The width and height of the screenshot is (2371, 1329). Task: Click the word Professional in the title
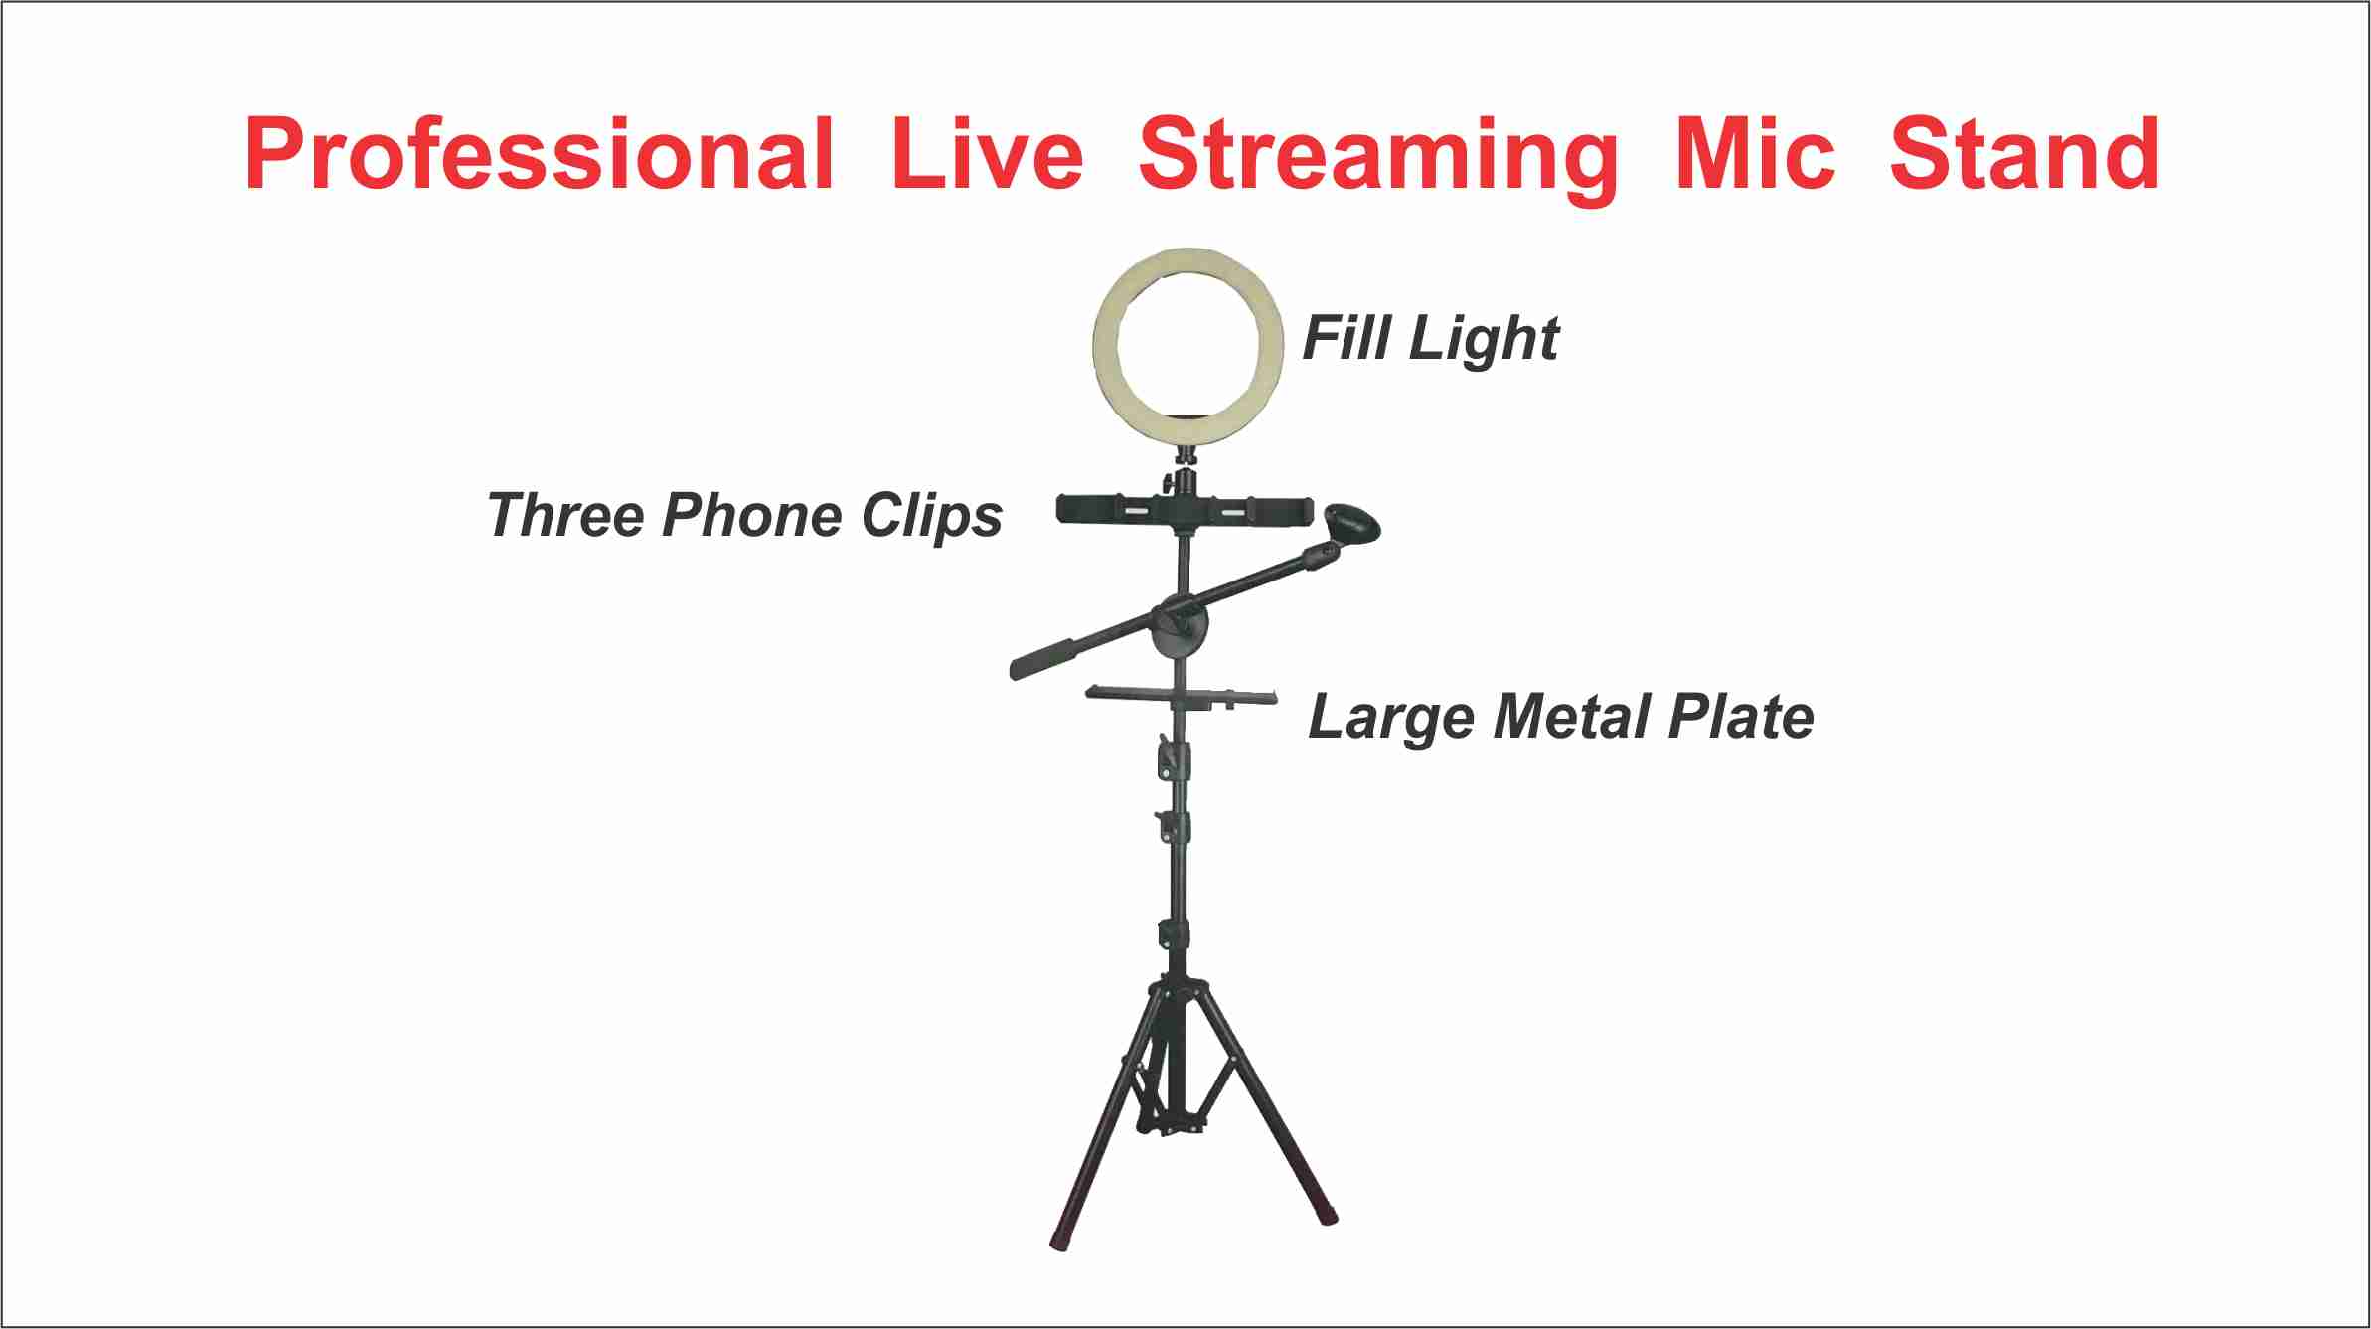[538, 154]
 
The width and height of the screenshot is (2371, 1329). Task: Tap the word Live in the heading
[986, 154]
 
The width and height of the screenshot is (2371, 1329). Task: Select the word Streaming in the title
[1377, 157]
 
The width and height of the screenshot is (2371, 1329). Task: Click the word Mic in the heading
[1754, 154]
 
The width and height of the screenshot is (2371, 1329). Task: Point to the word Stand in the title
[2024, 154]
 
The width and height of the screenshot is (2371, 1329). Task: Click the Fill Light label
[1430, 339]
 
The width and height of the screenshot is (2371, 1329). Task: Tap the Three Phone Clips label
[744, 516]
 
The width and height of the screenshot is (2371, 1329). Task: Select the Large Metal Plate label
[1560, 717]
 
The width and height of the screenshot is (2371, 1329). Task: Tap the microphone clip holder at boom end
[1352, 524]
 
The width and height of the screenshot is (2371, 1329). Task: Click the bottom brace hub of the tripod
[1173, 1128]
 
